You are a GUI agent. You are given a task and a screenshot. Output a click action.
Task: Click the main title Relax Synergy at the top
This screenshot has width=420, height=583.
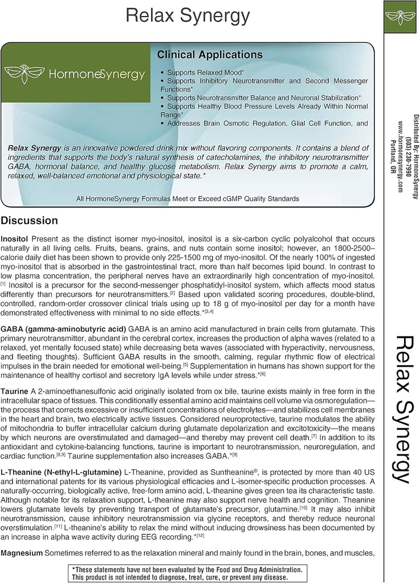click(187, 16)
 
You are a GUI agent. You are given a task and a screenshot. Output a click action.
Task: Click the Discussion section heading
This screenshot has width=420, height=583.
click(29, 220)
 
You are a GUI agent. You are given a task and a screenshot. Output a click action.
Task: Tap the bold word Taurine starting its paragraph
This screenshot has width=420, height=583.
click(15, 391)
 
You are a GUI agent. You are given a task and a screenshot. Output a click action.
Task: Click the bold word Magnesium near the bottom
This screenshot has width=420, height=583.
click(22, 553)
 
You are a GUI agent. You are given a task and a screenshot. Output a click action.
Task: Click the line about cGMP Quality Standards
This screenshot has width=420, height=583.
click(187, 199)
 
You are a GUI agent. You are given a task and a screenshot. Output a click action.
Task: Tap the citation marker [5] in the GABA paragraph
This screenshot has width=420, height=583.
click(185, 364)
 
